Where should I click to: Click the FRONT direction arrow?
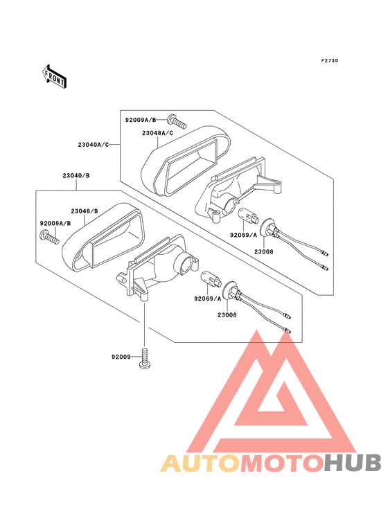[54, 76]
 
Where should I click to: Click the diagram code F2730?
[330, 60]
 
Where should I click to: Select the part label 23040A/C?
[94, 145]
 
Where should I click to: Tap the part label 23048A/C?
[157, 133]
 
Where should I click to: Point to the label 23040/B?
[76, 175]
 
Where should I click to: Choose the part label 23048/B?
[85, 211]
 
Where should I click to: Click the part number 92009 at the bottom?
[121, 357]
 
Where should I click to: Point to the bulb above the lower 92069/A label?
[211, 279]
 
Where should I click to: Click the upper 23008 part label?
[263, 251]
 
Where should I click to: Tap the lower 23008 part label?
[227, 315]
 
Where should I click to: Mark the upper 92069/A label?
[243, 235]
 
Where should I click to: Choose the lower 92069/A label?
[208, 299]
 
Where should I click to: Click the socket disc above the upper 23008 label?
[267, 229]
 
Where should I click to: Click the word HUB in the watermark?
[353, 463]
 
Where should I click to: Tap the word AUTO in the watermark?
[200, 463]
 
